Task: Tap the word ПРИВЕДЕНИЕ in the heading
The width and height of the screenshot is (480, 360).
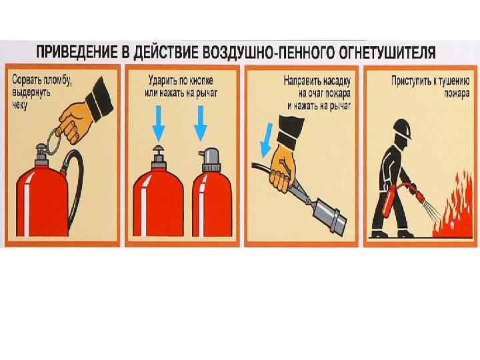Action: pos(77,52)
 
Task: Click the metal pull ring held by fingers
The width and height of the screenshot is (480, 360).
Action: pos(54,141)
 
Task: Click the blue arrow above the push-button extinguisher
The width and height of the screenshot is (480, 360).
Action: pos(158,123)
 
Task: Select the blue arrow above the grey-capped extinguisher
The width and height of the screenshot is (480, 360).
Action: pos(201,123)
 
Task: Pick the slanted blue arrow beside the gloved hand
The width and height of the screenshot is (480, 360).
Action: pos(266,140)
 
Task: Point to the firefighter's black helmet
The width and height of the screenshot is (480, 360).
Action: pos(402,129)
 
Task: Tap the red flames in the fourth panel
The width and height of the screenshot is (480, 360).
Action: pos(453,207)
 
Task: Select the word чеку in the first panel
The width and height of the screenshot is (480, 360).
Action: pos(19,105)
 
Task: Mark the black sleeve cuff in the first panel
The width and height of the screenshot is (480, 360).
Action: pos(99,99)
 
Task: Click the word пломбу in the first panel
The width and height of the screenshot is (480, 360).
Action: pos(58,81)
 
